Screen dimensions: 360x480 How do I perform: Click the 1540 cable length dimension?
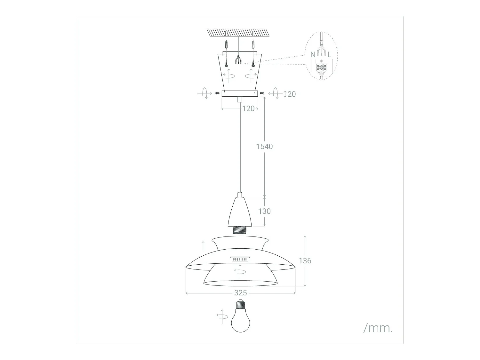click(264, 146)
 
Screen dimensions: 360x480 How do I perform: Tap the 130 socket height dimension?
click(264, 211)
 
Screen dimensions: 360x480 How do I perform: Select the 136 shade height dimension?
click(305, 261)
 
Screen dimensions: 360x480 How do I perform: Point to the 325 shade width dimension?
click(241, 293)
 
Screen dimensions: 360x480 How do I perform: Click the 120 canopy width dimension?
click(248, 108)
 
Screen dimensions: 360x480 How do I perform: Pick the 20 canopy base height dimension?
click(292, 94)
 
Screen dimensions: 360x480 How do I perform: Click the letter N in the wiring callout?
click(313, 55)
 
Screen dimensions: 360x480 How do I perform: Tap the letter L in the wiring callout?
click(329, 55)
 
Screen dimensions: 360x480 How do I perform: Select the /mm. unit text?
click(378, 328)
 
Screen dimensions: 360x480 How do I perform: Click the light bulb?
click(240, 320)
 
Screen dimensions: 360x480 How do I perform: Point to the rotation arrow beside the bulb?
click(222, 316)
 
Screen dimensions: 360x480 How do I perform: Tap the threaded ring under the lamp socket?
click(240, 230)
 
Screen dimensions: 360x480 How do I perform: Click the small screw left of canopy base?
click(218, 93)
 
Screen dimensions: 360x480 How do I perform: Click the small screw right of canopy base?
click(262, 93)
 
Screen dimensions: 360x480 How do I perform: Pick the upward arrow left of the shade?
click(203, 247)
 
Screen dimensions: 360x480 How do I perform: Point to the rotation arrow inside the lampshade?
click(240, 271)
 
